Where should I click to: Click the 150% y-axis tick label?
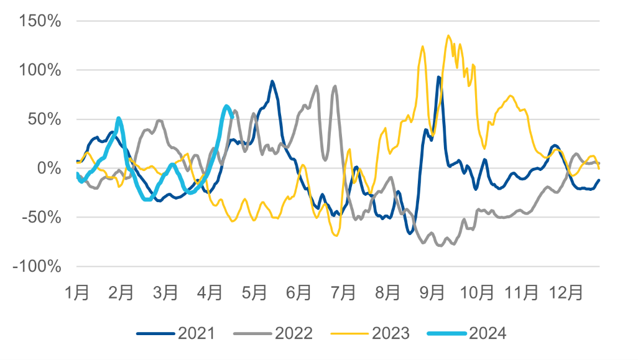[x=40, y=21]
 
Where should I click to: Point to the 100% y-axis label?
[x=40, y=70]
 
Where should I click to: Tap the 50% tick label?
[x=44, y=119]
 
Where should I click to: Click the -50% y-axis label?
[x=42, y=217]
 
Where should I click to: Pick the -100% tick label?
[x=37, y=267]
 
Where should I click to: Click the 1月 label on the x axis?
[x=77, y=292]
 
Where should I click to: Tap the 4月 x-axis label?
[x=210, y=292]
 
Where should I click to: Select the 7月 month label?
[x=343, y=292]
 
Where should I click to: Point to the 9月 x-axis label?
[x=432, y=292]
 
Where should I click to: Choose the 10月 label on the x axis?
[x=477, y=292]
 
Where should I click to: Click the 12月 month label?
[x=566, y=292]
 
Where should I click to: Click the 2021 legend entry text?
[x=196, y=333]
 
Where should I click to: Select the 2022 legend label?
[x=294, y=333]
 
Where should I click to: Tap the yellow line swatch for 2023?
[x=349, y=334]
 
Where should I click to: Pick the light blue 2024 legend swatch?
[x=446, y=334]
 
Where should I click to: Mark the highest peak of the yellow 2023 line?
[x=448, y=36]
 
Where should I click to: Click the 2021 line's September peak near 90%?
[x=438, y=76]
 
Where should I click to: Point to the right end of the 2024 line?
[x=233, y=117]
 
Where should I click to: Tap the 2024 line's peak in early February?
[x=118, y=118]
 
